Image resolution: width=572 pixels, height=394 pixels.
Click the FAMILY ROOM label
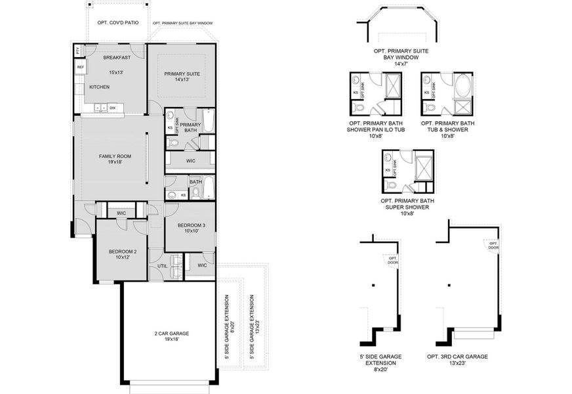[115, 156]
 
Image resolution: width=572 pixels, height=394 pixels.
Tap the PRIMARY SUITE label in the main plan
[182, 74]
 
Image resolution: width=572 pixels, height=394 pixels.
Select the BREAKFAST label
[117, 58]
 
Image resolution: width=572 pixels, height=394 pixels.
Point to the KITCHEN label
[99, 87]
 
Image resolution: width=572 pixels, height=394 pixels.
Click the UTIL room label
[162, 266]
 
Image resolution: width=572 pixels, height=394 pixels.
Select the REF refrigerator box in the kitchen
[80, 67]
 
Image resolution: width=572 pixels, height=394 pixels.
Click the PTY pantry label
[77, 51]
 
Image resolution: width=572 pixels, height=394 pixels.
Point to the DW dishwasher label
[113, 108]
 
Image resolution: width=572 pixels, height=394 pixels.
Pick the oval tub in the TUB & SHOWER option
[464, 85]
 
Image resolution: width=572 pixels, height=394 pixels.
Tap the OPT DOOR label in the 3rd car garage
[493, 246]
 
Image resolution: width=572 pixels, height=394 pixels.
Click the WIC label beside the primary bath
[190, 160]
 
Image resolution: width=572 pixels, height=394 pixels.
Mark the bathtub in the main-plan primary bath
[207, 121]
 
